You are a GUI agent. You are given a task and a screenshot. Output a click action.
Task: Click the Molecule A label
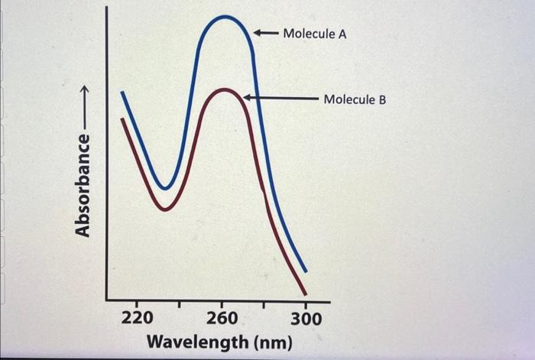point(314,34)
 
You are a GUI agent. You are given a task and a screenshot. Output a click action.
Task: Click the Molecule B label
point(355,99)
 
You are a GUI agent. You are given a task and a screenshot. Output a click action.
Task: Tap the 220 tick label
point(138,318)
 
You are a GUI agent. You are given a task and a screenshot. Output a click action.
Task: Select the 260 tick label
point(222,318)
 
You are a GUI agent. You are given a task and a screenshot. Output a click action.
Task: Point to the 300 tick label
point(306,318)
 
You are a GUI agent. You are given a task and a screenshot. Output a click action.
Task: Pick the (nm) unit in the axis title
point(271,341)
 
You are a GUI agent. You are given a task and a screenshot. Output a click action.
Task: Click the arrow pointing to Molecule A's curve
point(265,34)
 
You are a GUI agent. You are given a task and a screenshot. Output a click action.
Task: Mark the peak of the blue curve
point(225,16)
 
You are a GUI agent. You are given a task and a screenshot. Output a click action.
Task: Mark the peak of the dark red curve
point(225,90)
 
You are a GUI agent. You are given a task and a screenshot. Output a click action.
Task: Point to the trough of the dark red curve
point(164,207)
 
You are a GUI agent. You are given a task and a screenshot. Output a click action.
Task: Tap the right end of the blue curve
point(306,271)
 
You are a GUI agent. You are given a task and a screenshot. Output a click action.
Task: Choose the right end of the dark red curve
point(305,293)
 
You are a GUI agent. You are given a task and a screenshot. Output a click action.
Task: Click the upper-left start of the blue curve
point(122,93)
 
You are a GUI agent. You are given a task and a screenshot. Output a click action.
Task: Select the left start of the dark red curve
point(122,118)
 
